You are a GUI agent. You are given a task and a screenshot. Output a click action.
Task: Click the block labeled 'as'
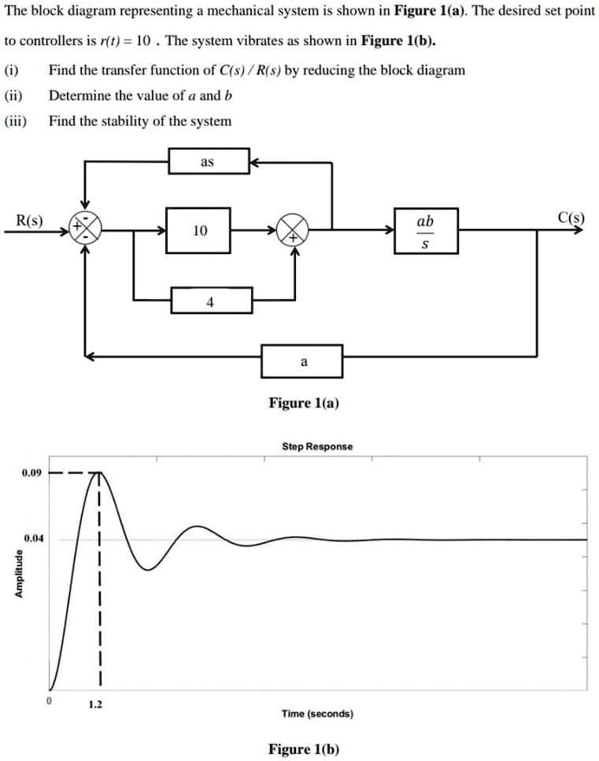pyautogui.click(x=209, y=162)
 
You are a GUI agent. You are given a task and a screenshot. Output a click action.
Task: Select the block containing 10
pyautogui.click(x=198, y=231)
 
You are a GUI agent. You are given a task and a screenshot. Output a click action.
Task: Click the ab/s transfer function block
pyautogui.click(x=425, y=231)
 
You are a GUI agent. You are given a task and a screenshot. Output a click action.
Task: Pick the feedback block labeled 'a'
pyautogui.click(x=302, y=361)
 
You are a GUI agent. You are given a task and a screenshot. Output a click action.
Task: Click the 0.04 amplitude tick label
pyautogui.click(x=33, y=539)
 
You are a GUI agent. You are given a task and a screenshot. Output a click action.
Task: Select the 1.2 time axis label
pyautogui.click(x=94, y=704)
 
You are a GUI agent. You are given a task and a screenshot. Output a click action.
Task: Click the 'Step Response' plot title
pyautogui.click(x=317, y=446)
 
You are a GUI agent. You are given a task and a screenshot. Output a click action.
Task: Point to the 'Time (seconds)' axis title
pyautogui.click(x=317, y=714)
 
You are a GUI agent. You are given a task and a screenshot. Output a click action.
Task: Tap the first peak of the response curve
pyautogui.click(x=98, y=473)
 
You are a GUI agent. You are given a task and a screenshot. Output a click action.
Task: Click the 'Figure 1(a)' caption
pyautogui.click(x=304, y=403)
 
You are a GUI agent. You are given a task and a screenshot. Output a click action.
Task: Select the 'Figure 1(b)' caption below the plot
pyautogui.click(x=304, y=748)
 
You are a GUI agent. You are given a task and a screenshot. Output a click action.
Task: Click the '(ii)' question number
pyautogui.click(x=13, y=95)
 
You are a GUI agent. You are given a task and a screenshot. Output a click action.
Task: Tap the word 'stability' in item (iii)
pyautogui.click(x=140, y=121)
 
